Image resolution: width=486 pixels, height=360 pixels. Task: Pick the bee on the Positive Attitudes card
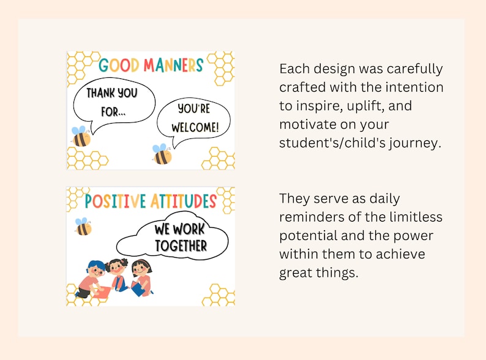pos(82,227)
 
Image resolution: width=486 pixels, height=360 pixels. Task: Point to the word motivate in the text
pos(308,125)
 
